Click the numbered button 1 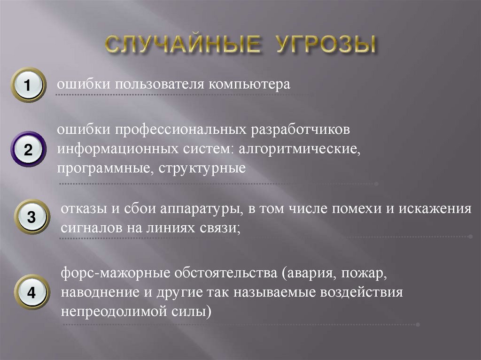[x=28, y=85]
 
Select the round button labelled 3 [x=31, y=217]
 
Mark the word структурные [x=202, y=168]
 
